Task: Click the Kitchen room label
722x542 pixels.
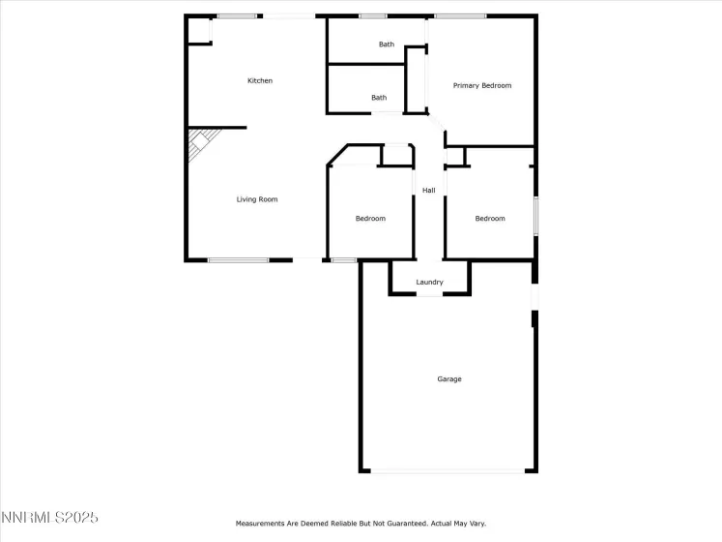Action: coord(260,81)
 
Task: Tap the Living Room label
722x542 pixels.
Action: coord(257,199)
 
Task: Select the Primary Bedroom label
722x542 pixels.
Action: coord(482,86)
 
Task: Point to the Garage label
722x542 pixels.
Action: coord(449,379)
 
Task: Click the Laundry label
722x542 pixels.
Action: coord(429,283)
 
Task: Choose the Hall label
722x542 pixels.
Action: coord(428,191)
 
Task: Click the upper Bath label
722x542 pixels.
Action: coord(387,45)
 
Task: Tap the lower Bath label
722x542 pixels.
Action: coord(379,98)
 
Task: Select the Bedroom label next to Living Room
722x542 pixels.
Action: coord(370,219)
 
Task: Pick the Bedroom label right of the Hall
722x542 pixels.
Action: coord(490,219)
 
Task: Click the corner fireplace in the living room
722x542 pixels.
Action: coord(199,145)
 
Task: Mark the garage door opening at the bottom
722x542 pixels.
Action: coord(448,471)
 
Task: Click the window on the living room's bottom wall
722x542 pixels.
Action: coord(238,259)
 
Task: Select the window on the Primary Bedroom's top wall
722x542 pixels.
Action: coord(460,16)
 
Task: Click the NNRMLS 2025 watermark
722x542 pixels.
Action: coord(49,521)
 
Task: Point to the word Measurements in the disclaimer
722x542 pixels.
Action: coord(261,525)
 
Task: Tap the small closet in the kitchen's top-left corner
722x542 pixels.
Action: coord(199,31)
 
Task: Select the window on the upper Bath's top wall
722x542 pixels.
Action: coord(372,16)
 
